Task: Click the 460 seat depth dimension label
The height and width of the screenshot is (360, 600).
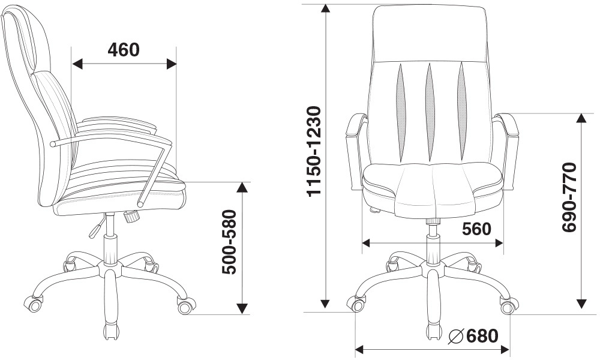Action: (x=124, y=50)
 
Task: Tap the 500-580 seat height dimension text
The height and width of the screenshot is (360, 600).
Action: (x=230, y=242)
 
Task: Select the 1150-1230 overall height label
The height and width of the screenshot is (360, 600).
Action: (x=314, y=151)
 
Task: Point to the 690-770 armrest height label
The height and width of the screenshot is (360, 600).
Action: (x=569, y=197)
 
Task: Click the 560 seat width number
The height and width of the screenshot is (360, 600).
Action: (x=476, y=229)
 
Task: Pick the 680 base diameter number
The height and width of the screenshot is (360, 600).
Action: (x=482, y=336)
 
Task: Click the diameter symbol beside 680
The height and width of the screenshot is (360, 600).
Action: (x=457, y=337)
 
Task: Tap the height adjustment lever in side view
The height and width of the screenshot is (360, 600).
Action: (x=97, y=226)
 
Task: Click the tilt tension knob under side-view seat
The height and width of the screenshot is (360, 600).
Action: (x=131, y=216)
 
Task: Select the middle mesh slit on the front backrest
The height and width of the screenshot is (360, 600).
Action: (x=430, y=112)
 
